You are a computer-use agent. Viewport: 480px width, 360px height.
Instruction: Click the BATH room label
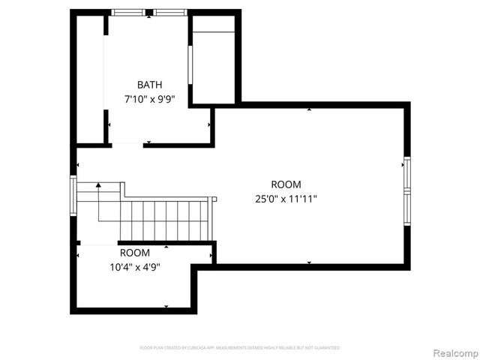point(149,85)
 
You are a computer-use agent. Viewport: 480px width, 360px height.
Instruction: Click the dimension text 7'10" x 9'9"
point(149,98)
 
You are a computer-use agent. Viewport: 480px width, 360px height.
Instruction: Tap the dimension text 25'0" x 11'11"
point(286,199)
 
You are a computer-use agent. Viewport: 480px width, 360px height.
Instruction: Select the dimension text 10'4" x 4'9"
point(135,266)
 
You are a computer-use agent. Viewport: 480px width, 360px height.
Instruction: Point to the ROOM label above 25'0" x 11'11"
point(286,184)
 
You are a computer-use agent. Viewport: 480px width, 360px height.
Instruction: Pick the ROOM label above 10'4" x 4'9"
point(135,253)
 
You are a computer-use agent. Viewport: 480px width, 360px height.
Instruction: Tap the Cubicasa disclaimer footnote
point(240,348)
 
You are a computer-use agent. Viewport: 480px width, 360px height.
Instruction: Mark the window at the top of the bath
point(149,13)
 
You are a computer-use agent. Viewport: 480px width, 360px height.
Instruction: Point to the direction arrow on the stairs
point(98,185)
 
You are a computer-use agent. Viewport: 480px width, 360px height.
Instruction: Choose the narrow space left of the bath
point(90,79)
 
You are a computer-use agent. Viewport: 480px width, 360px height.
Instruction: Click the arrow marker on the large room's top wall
point(310,109)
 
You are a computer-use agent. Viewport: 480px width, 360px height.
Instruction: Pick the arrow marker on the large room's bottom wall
point(310,262)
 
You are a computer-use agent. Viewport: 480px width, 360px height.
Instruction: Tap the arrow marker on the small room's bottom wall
point(166,306)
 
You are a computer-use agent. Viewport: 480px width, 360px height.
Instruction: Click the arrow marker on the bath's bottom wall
point(148,142)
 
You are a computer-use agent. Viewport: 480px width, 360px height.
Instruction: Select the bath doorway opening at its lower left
point(126,144)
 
